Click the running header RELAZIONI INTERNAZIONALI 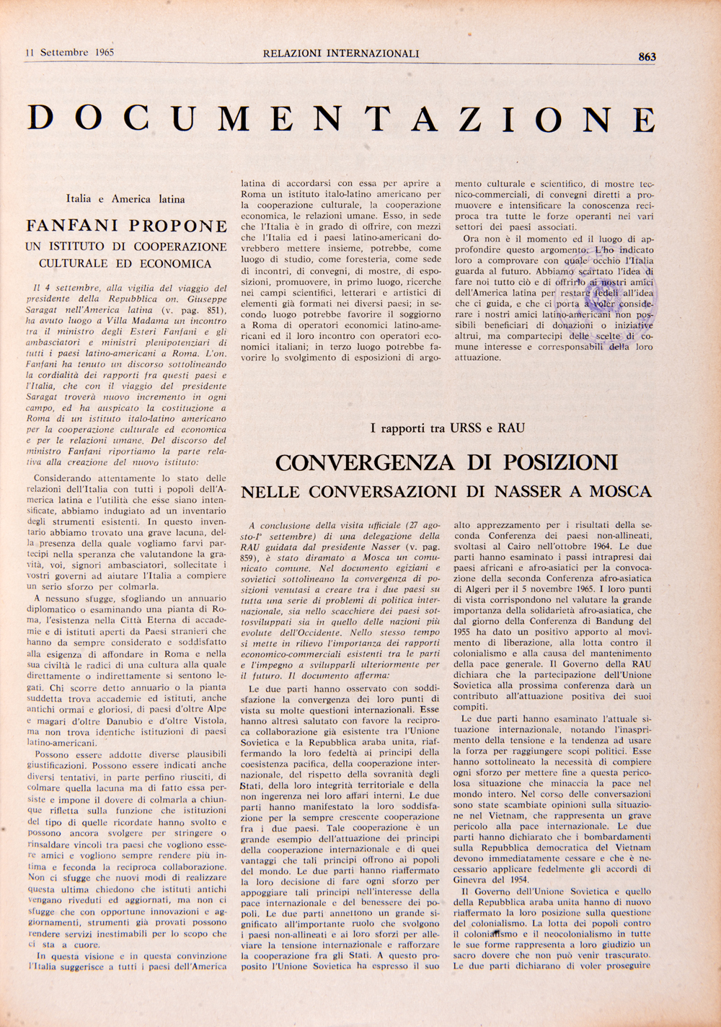coord(341,53)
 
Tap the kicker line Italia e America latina coord(125,198)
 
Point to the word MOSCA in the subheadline coord(620,492)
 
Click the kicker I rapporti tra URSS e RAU coord(447,428)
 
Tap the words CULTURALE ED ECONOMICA coord(125,264)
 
